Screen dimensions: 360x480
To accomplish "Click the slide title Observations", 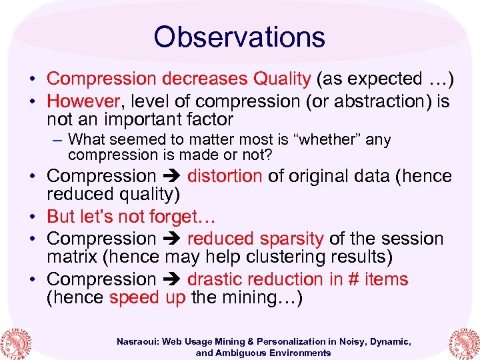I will click(239, 37).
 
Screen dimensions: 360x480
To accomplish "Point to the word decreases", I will click(205, 79).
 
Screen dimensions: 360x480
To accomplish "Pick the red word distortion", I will click(225, 176).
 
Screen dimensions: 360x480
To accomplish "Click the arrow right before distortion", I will click(171, 177).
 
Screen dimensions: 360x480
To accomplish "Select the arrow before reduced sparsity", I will click(171, 239).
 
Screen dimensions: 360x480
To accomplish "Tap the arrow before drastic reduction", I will click(171, 279).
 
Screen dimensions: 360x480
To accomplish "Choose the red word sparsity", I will click(289, 239).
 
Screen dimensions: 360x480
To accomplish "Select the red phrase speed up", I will click(147, 297).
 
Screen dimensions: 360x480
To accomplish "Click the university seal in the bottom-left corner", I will click(17, 339).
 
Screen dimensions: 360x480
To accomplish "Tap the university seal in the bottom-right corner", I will click(464, 339).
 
